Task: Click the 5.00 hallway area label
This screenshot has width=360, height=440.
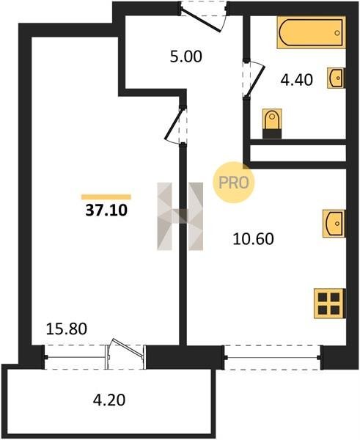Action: point(186,56)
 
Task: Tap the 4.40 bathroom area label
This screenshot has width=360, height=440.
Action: point(297,80)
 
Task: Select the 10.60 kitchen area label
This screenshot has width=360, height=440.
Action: point(254,239)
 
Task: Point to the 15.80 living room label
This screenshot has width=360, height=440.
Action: point(67,329)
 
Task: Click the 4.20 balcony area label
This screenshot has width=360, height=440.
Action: point(109,400)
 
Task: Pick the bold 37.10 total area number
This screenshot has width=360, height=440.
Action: point(106,210)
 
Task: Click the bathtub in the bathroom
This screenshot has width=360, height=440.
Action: point(311,32)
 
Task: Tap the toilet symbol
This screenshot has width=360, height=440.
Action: point(272,123)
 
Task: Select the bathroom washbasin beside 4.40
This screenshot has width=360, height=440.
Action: point(336,78)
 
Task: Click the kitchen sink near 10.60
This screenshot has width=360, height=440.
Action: point(334,224)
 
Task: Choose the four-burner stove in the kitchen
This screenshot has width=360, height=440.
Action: point(330,304)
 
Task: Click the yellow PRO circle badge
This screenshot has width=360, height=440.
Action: point(233,183)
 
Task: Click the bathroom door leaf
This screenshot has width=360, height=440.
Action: point(254,81)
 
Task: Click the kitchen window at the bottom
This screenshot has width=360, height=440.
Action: point(273,357)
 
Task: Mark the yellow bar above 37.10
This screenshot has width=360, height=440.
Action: point(106,197)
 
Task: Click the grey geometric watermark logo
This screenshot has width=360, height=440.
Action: point(180,216)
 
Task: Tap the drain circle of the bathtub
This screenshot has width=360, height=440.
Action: point(337,33)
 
